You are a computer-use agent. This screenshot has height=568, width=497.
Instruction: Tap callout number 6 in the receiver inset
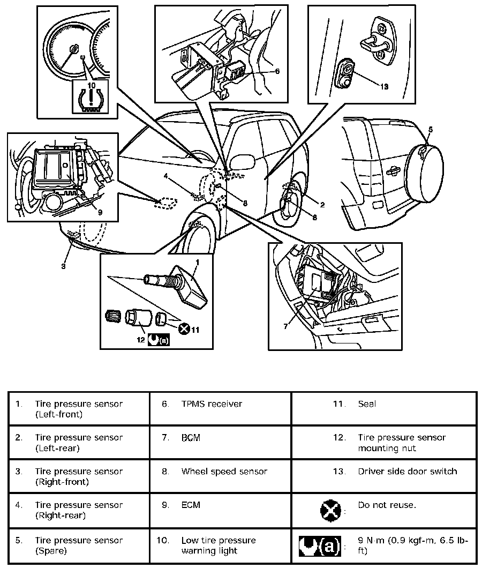click(277, 71)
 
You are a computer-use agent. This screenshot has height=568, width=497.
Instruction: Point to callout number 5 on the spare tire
click(431, 129)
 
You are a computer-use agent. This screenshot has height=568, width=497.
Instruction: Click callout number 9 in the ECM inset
click(100, 211)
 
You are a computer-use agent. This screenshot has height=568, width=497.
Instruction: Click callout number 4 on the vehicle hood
click(167, 176)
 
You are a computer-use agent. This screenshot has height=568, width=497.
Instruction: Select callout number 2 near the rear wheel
click(322, 204)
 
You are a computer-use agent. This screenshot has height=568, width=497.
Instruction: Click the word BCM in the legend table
click(191, 438)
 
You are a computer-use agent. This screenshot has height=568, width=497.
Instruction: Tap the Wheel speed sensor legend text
click(224, 472)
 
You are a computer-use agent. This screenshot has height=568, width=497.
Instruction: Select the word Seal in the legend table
click(367, 404)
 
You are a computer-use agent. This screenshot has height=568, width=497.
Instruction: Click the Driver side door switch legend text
click(408, 472)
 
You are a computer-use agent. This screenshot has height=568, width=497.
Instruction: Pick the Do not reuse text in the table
click(387, 505)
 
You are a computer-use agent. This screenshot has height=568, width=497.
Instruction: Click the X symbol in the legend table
click(330, 510)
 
